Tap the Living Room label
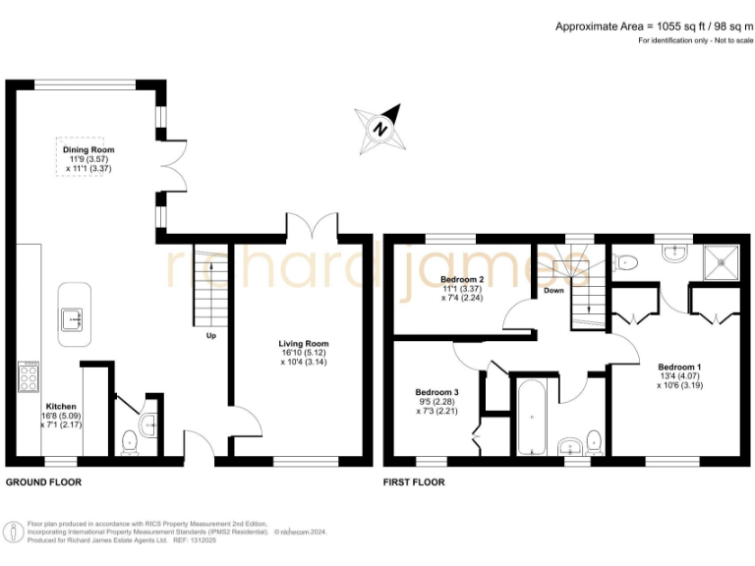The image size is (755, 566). pos(302,344)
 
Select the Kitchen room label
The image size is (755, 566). pos(61,406)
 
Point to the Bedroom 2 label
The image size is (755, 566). pos(461,280)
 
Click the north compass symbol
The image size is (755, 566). pos(380,128)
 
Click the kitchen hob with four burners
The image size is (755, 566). pos(27,376)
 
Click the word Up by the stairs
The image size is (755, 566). pos(210,335)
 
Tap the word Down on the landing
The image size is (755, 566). pos(553,291)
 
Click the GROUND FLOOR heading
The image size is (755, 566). pos(43,482)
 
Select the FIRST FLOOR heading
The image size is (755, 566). pos(413,482)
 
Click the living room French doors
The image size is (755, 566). pos(312,226)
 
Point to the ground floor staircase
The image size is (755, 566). pos(209,285)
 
